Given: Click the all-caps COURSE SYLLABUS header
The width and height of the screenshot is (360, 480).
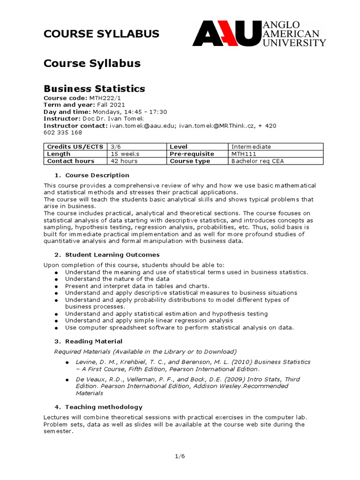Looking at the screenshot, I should point(101,34).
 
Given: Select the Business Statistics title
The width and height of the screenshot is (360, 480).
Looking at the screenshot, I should point(94,89).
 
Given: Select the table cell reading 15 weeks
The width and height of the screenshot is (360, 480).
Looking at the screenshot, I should point(125,154).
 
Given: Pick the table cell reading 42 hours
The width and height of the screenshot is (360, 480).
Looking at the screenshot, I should point(125,161).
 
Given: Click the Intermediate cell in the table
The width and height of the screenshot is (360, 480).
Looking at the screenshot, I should point(251,147).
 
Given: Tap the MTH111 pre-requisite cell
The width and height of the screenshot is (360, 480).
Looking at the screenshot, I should point(242,154).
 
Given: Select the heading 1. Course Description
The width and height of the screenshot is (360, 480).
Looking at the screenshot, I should point(92,175).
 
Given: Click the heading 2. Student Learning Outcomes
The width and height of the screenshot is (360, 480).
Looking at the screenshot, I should point(107,255).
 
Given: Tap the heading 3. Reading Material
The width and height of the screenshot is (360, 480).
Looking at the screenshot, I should point(89,341).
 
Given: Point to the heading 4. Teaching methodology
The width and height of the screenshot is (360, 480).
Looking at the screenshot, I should point(98,407).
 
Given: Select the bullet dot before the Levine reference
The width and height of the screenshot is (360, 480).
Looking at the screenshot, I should point(67,363).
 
